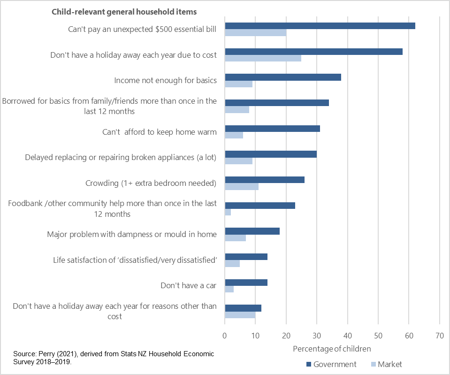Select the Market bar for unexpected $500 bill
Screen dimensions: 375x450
point(256,33)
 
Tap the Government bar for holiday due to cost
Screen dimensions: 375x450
point(313,52)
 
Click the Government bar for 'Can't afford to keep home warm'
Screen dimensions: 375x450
point(272,129)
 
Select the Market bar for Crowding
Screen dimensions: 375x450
point(242,186)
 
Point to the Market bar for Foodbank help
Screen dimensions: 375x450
point(228,212)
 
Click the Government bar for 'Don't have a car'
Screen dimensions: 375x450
point(246,283)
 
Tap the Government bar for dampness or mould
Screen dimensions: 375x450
point(252,231)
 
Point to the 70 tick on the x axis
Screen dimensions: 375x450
point(439,336)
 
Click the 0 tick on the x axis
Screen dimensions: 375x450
point(225,336)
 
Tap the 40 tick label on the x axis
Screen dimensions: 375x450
point(347,336)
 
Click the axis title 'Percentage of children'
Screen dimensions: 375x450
point(332,349)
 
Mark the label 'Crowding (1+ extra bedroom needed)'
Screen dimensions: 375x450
point(151,183)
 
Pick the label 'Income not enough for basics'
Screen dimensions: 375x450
point(165,80)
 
